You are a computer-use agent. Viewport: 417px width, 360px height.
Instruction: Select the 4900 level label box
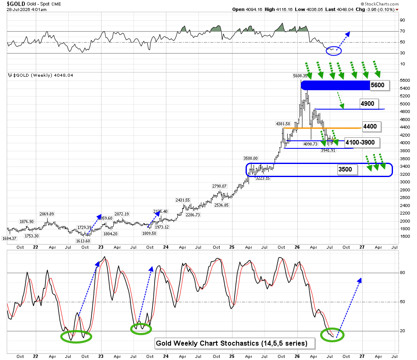coord(369,104)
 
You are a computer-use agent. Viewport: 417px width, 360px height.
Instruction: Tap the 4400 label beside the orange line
coord(372,126)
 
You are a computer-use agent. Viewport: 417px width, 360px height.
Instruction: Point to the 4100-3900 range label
coord(362,142)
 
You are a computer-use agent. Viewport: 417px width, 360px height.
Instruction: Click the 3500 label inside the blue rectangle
coord(347,169)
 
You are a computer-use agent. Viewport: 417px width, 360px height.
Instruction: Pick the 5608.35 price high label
coord(300,76)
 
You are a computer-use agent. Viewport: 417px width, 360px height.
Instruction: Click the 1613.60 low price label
coord(83,241)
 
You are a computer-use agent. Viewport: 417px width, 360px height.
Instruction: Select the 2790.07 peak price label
coord(219,186)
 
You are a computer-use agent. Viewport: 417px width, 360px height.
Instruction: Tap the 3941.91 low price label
coord(328,150)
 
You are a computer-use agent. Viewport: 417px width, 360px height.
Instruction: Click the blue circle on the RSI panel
coord(334,51)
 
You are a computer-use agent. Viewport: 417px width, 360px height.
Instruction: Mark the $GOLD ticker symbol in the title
coord(16,4)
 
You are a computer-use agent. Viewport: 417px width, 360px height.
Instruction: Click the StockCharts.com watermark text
coord(380,4)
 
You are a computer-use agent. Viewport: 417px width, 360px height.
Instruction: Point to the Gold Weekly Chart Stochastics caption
coord(232,343)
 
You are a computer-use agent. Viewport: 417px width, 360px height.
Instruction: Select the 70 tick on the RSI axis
coord(402,31)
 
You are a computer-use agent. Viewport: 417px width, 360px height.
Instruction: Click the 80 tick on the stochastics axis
coord(402,272)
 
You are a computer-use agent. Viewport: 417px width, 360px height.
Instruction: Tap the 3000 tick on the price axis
coord(405,182)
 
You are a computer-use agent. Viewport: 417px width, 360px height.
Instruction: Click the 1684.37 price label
coord(9,239)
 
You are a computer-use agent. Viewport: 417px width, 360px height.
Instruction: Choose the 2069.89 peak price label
coord(46,214)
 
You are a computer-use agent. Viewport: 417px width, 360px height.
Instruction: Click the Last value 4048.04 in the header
coord(345,9)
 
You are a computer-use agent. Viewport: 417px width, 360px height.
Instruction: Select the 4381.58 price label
coord(283,124)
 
